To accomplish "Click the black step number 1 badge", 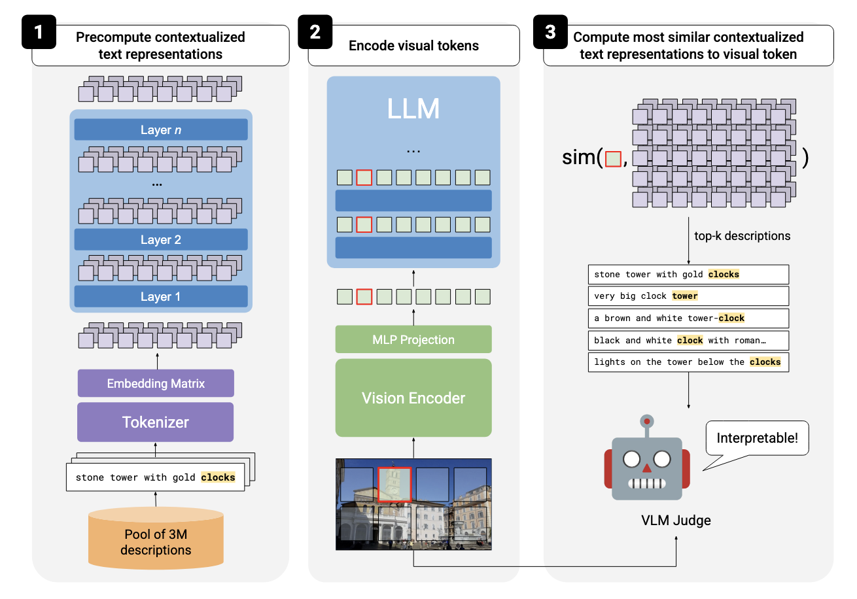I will (39, 32).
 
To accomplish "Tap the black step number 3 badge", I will (550, 32).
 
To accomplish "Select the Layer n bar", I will (161, 129).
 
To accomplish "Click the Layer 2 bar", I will (161, 240).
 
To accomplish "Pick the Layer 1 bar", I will (161, 296).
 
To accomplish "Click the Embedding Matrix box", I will (156, 383).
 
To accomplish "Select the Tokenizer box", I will (156, 422).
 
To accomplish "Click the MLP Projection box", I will (413, 339).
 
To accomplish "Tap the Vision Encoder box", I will (413, 398).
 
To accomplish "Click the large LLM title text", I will (413, 109).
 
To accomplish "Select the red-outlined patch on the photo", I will (394, 484).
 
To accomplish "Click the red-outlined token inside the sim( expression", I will (613, 159).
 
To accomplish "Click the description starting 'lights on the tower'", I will (688, 362).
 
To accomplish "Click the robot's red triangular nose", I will (647, 468).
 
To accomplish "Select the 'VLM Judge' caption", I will (676, 521).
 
